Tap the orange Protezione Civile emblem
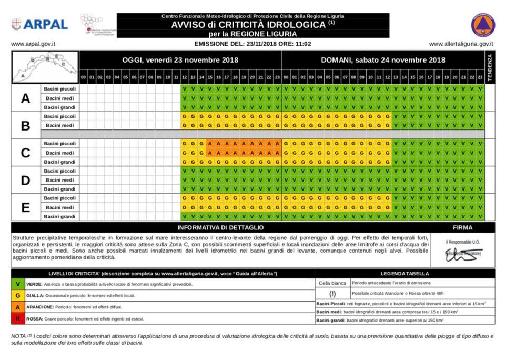tap(482, 25)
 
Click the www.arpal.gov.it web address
tap(34, 45)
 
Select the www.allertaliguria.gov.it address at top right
tap(461, 45)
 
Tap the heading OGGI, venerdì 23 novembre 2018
tap(180, 60)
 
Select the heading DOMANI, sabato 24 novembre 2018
tap(383, 60)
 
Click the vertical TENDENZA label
tap(490, 67)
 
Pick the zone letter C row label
tap(25, 153)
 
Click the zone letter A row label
tap(25, 98)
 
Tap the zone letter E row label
tap(25, 208)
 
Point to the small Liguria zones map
tap(45, 67)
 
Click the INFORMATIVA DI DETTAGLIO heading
tap(220, 228)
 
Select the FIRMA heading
tap(462, 228)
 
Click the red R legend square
tap(18, 318)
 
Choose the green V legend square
tap(18, 284)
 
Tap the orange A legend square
tap(18, 307)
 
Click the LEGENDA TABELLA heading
tap(405, 274)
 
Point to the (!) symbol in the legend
tap(332, 293)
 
